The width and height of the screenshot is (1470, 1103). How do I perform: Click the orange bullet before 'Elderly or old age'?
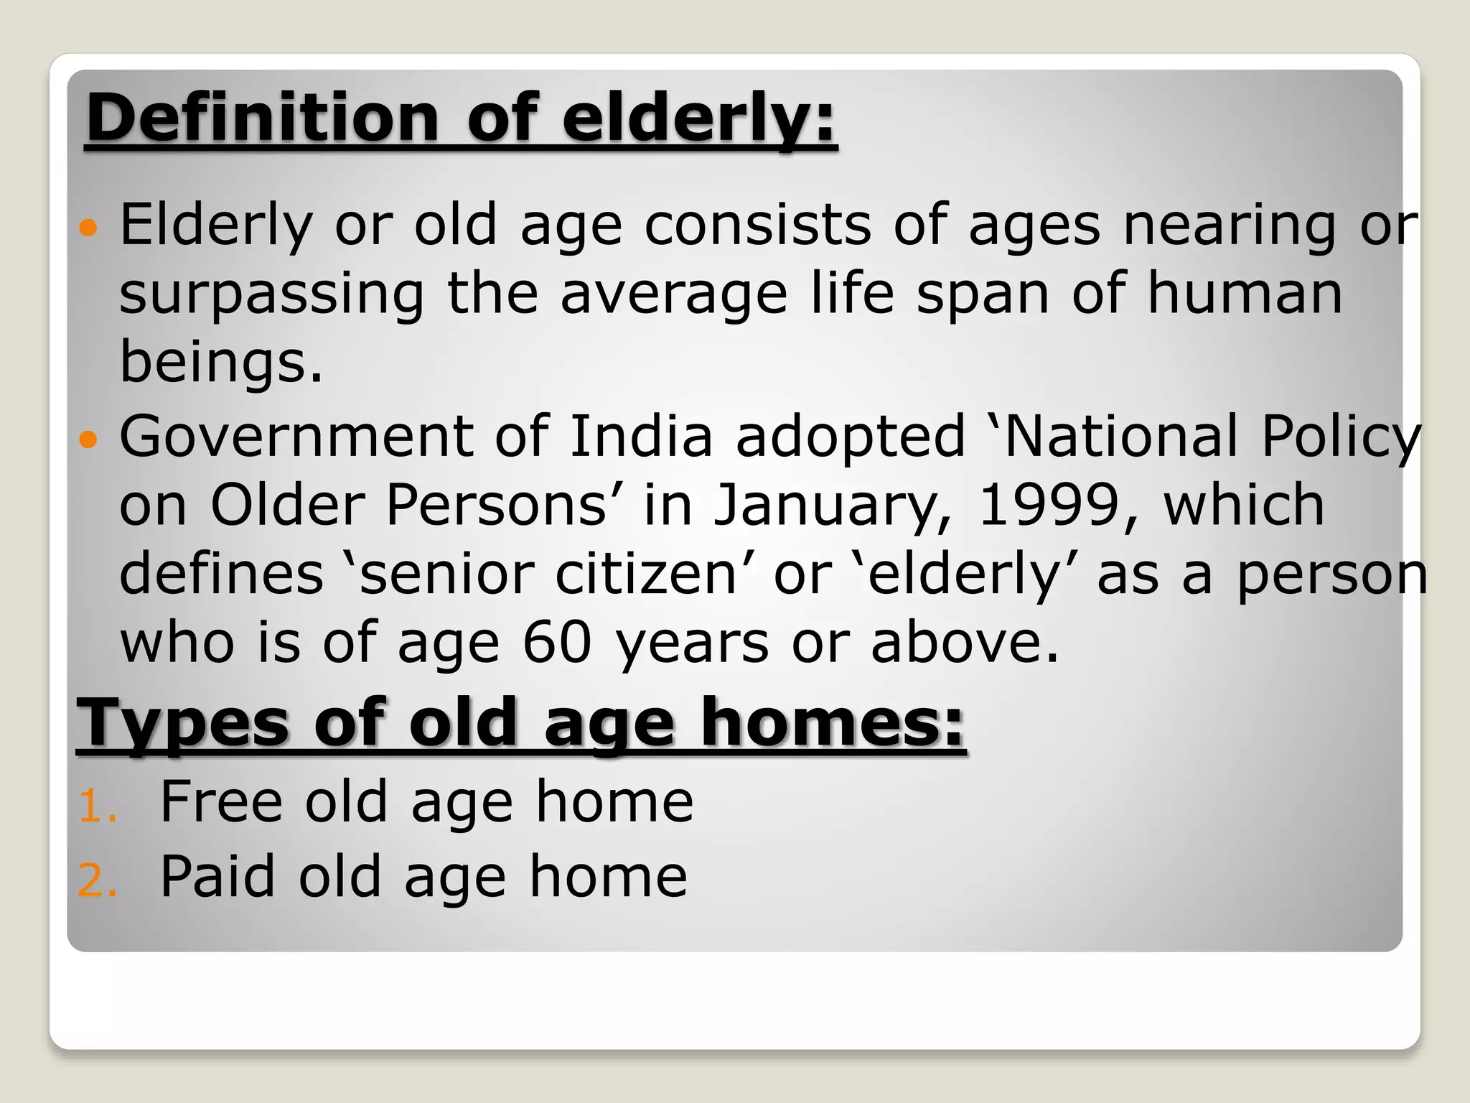pyautogui.click(x=88, y=228)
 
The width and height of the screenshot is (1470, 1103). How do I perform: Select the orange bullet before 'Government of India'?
pyautogui.click(x=88, y=439)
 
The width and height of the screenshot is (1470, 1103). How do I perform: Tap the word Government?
pyautogui.click(x=296, y=436)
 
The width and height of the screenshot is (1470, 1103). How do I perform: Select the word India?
pyautogui.click(x=640, y=436)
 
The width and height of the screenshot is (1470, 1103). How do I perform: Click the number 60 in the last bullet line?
pyautogui.click(x=556, y=642)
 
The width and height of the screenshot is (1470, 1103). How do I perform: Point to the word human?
pyautogui.click(x=1244, y=294)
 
